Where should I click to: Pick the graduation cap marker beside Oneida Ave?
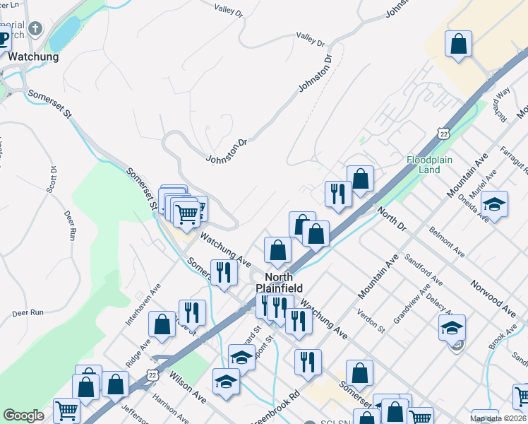494,206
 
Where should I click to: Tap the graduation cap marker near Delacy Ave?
452,329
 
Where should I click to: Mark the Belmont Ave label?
448,241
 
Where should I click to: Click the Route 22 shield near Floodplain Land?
443,134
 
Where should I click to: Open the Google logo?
23,416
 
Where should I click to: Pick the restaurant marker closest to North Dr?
338,193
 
